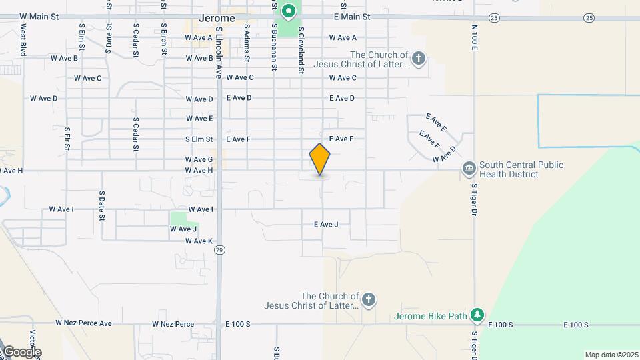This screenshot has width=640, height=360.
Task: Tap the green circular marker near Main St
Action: point(288,11)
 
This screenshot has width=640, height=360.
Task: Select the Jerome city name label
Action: point(217,19)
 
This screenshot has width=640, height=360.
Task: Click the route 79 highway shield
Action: point(219,250)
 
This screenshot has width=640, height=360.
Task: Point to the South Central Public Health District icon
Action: point(469,167)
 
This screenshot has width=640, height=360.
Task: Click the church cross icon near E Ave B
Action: point(418,59)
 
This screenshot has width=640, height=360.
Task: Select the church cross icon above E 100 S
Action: point(369,300)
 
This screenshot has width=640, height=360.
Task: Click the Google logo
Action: point(21,352)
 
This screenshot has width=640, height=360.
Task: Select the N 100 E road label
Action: point(475,39)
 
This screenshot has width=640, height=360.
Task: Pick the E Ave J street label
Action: point(326,225)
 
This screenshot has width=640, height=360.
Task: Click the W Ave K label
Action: point(199,241)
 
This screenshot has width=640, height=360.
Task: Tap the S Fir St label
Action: point(67,138)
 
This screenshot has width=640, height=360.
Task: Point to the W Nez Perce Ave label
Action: point(83,323)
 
